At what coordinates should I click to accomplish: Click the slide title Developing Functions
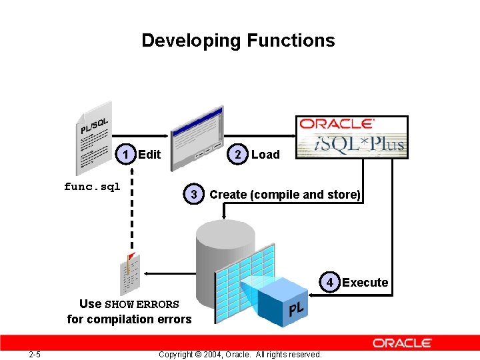coord(238,41)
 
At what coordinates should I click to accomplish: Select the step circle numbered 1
coord(126,155)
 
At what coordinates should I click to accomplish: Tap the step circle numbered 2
coord(239,155)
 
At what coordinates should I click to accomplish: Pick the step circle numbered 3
coord(193,195)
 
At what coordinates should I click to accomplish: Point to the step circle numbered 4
coord(329,282)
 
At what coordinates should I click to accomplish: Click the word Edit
coord(149,155)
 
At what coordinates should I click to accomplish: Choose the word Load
coord(265,155)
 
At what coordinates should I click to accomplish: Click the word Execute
coord(365,283)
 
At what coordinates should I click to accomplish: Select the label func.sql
coord(92,187)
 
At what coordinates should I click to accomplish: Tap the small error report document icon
coord(130,273)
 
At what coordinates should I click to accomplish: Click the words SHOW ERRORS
coord(142,305)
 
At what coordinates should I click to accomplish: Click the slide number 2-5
coord(34,354)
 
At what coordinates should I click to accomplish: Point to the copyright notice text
coord(240,354)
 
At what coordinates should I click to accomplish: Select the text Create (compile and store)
coord(285,195)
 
